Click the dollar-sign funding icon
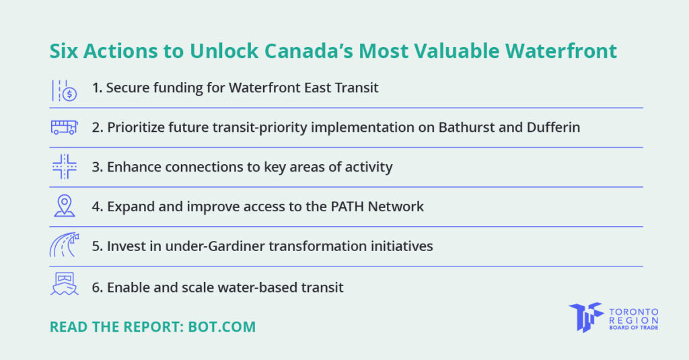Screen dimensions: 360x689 [65, 90]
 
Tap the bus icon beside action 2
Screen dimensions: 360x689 [65, 127]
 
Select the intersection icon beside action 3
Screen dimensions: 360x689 [65, 167]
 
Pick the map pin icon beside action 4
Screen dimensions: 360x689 [65, 206]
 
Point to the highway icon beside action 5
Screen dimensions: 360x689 [65, 246]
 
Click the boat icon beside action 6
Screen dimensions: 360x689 [65, 285]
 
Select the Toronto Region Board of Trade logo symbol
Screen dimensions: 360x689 [585, 317]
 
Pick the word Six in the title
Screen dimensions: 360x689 [64, 51]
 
